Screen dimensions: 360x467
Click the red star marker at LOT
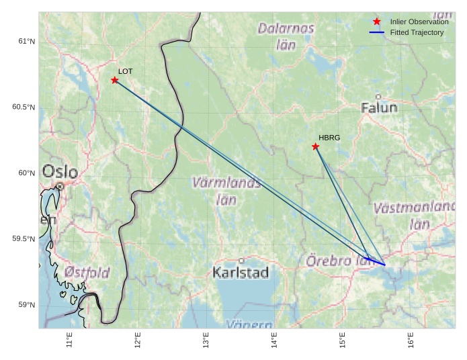115,80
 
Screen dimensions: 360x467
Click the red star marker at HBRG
315,146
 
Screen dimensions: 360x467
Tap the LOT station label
126,71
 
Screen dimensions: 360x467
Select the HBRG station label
329,138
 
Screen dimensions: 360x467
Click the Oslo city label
60,172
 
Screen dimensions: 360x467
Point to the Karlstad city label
241,272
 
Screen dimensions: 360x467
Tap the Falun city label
379,107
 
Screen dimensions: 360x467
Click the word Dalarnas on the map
286,29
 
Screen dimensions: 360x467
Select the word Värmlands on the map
226,183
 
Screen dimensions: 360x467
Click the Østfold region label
87,272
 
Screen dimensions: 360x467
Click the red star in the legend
377,21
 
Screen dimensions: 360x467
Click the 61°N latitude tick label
26,42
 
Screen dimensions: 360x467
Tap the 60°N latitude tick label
26,173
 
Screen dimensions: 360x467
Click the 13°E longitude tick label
206,341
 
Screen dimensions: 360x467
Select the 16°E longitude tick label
411,341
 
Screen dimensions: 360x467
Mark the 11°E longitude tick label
70,341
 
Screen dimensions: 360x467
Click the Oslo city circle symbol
60,186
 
